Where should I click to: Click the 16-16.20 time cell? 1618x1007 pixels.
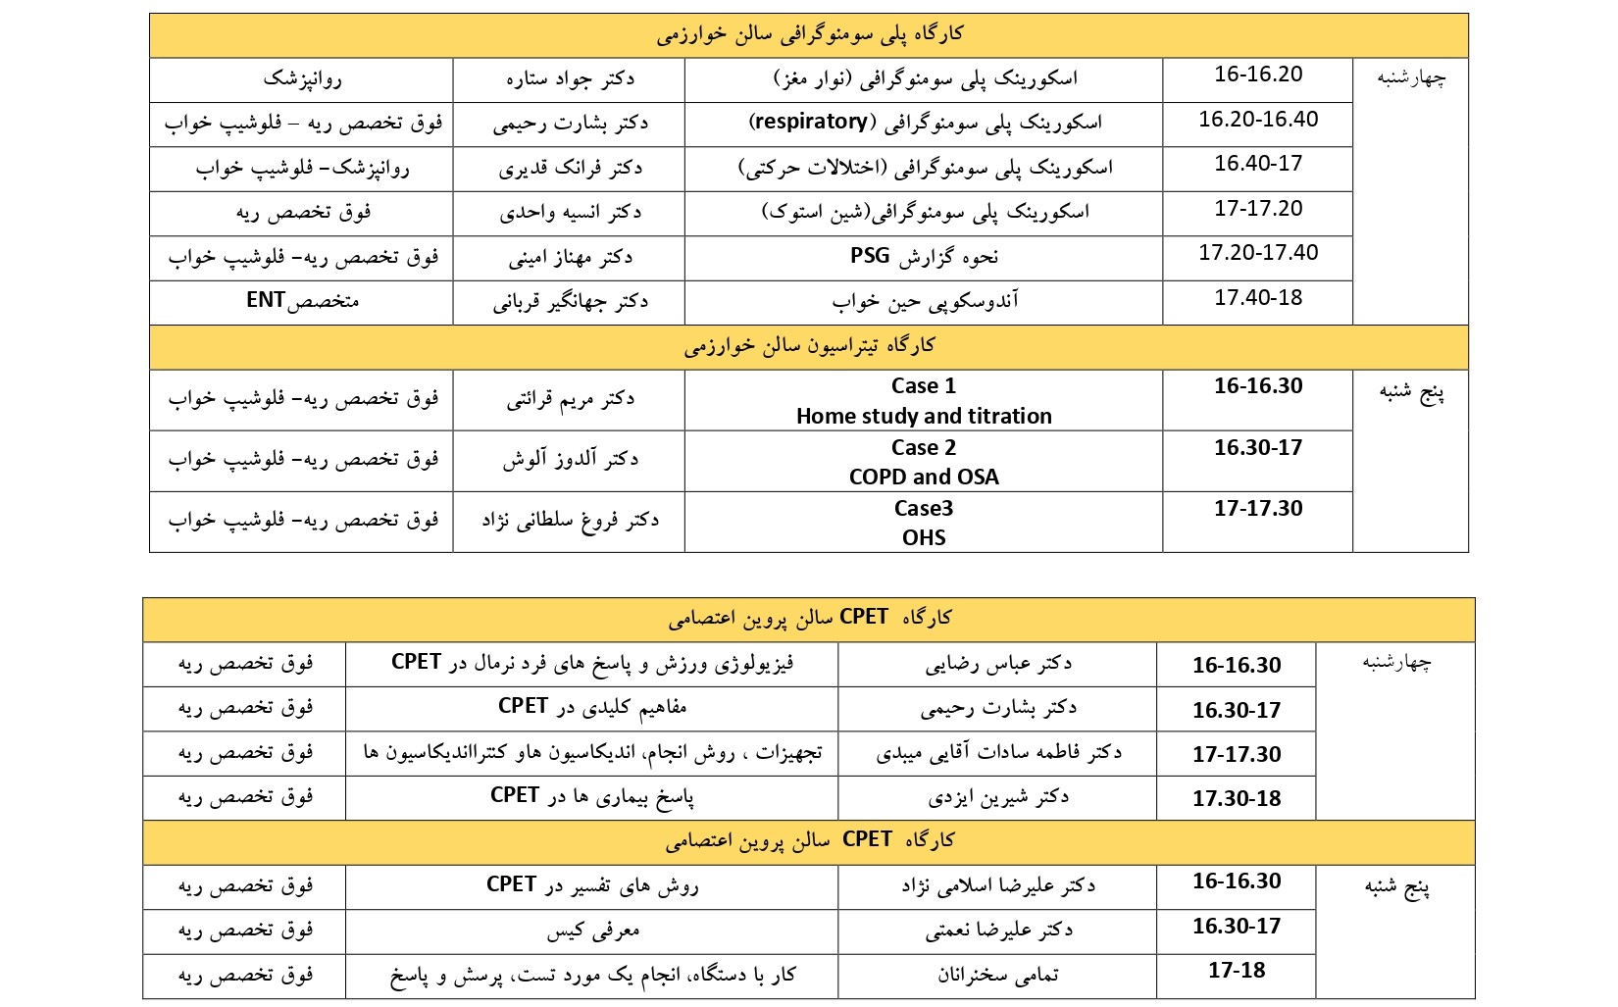(1258, 75)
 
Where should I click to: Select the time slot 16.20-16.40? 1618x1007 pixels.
(1258, 120)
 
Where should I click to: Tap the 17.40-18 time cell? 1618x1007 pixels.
(1258, 298)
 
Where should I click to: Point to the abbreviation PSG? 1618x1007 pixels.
(871, 256)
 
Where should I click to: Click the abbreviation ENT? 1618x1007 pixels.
(266, 300)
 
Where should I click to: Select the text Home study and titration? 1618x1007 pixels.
(924, 417)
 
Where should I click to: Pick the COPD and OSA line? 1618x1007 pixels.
(924, 478)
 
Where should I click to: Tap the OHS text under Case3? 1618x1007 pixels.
(924, 538)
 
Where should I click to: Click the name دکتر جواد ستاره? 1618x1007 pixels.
(570, 78)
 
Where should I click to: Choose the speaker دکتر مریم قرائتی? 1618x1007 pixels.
(570, 399)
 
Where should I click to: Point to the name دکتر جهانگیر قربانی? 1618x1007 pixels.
(570, 302)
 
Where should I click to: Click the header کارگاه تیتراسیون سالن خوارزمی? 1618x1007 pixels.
(809, 346)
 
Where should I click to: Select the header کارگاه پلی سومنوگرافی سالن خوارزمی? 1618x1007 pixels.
(809, 35)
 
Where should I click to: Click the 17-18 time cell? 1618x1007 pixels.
(1237, 971)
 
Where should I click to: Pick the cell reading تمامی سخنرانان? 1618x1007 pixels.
(997, 975)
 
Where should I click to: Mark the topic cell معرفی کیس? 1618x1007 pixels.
(592, 930)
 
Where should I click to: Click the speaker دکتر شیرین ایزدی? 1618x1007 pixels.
(997, 797)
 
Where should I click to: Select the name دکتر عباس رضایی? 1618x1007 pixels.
(997, 664)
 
